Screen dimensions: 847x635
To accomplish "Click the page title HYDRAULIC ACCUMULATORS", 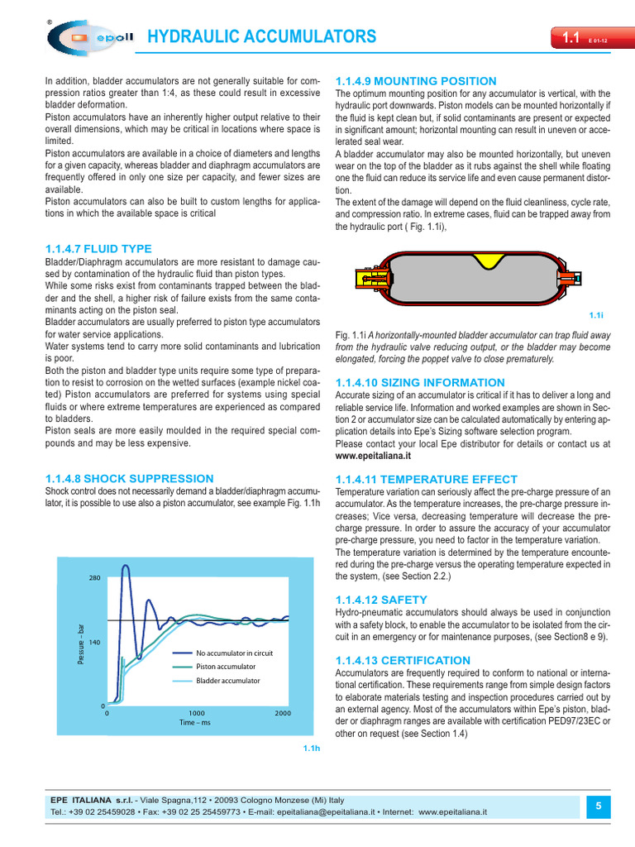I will point(261,37).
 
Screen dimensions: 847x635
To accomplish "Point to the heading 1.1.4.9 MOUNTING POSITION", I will point(416,81).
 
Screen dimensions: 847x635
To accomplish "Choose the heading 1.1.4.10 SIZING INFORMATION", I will point(419,382).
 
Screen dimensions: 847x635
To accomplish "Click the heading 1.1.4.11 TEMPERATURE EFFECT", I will point(426,479).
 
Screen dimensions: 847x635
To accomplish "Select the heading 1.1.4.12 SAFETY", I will point(381,599).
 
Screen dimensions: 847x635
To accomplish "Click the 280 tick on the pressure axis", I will point(93,578).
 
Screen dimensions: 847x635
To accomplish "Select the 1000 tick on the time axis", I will point(196,713).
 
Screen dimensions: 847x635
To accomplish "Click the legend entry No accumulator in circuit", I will point(234,653).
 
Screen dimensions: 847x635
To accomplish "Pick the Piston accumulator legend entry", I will point(225,667).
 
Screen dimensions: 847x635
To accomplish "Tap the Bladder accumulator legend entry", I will point(227,681).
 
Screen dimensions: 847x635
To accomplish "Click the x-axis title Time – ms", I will point(195,723).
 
